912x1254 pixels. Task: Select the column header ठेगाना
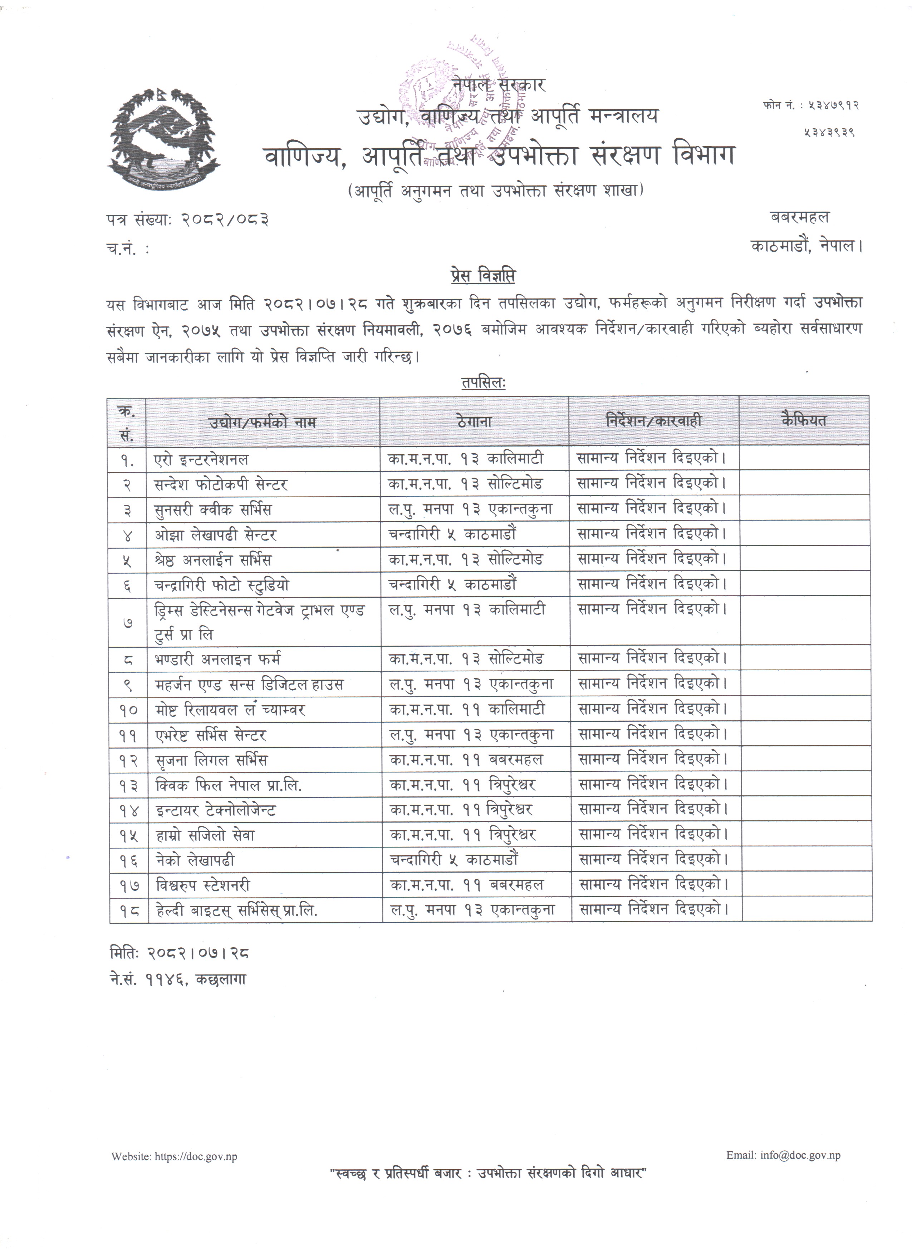474,422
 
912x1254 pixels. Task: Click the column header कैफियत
804,420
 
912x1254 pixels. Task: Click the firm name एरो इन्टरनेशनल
201,459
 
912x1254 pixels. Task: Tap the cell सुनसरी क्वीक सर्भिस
213,509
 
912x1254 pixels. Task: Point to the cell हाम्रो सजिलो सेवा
205,835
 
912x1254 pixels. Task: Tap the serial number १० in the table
128,710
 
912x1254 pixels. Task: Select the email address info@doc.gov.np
800,1155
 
